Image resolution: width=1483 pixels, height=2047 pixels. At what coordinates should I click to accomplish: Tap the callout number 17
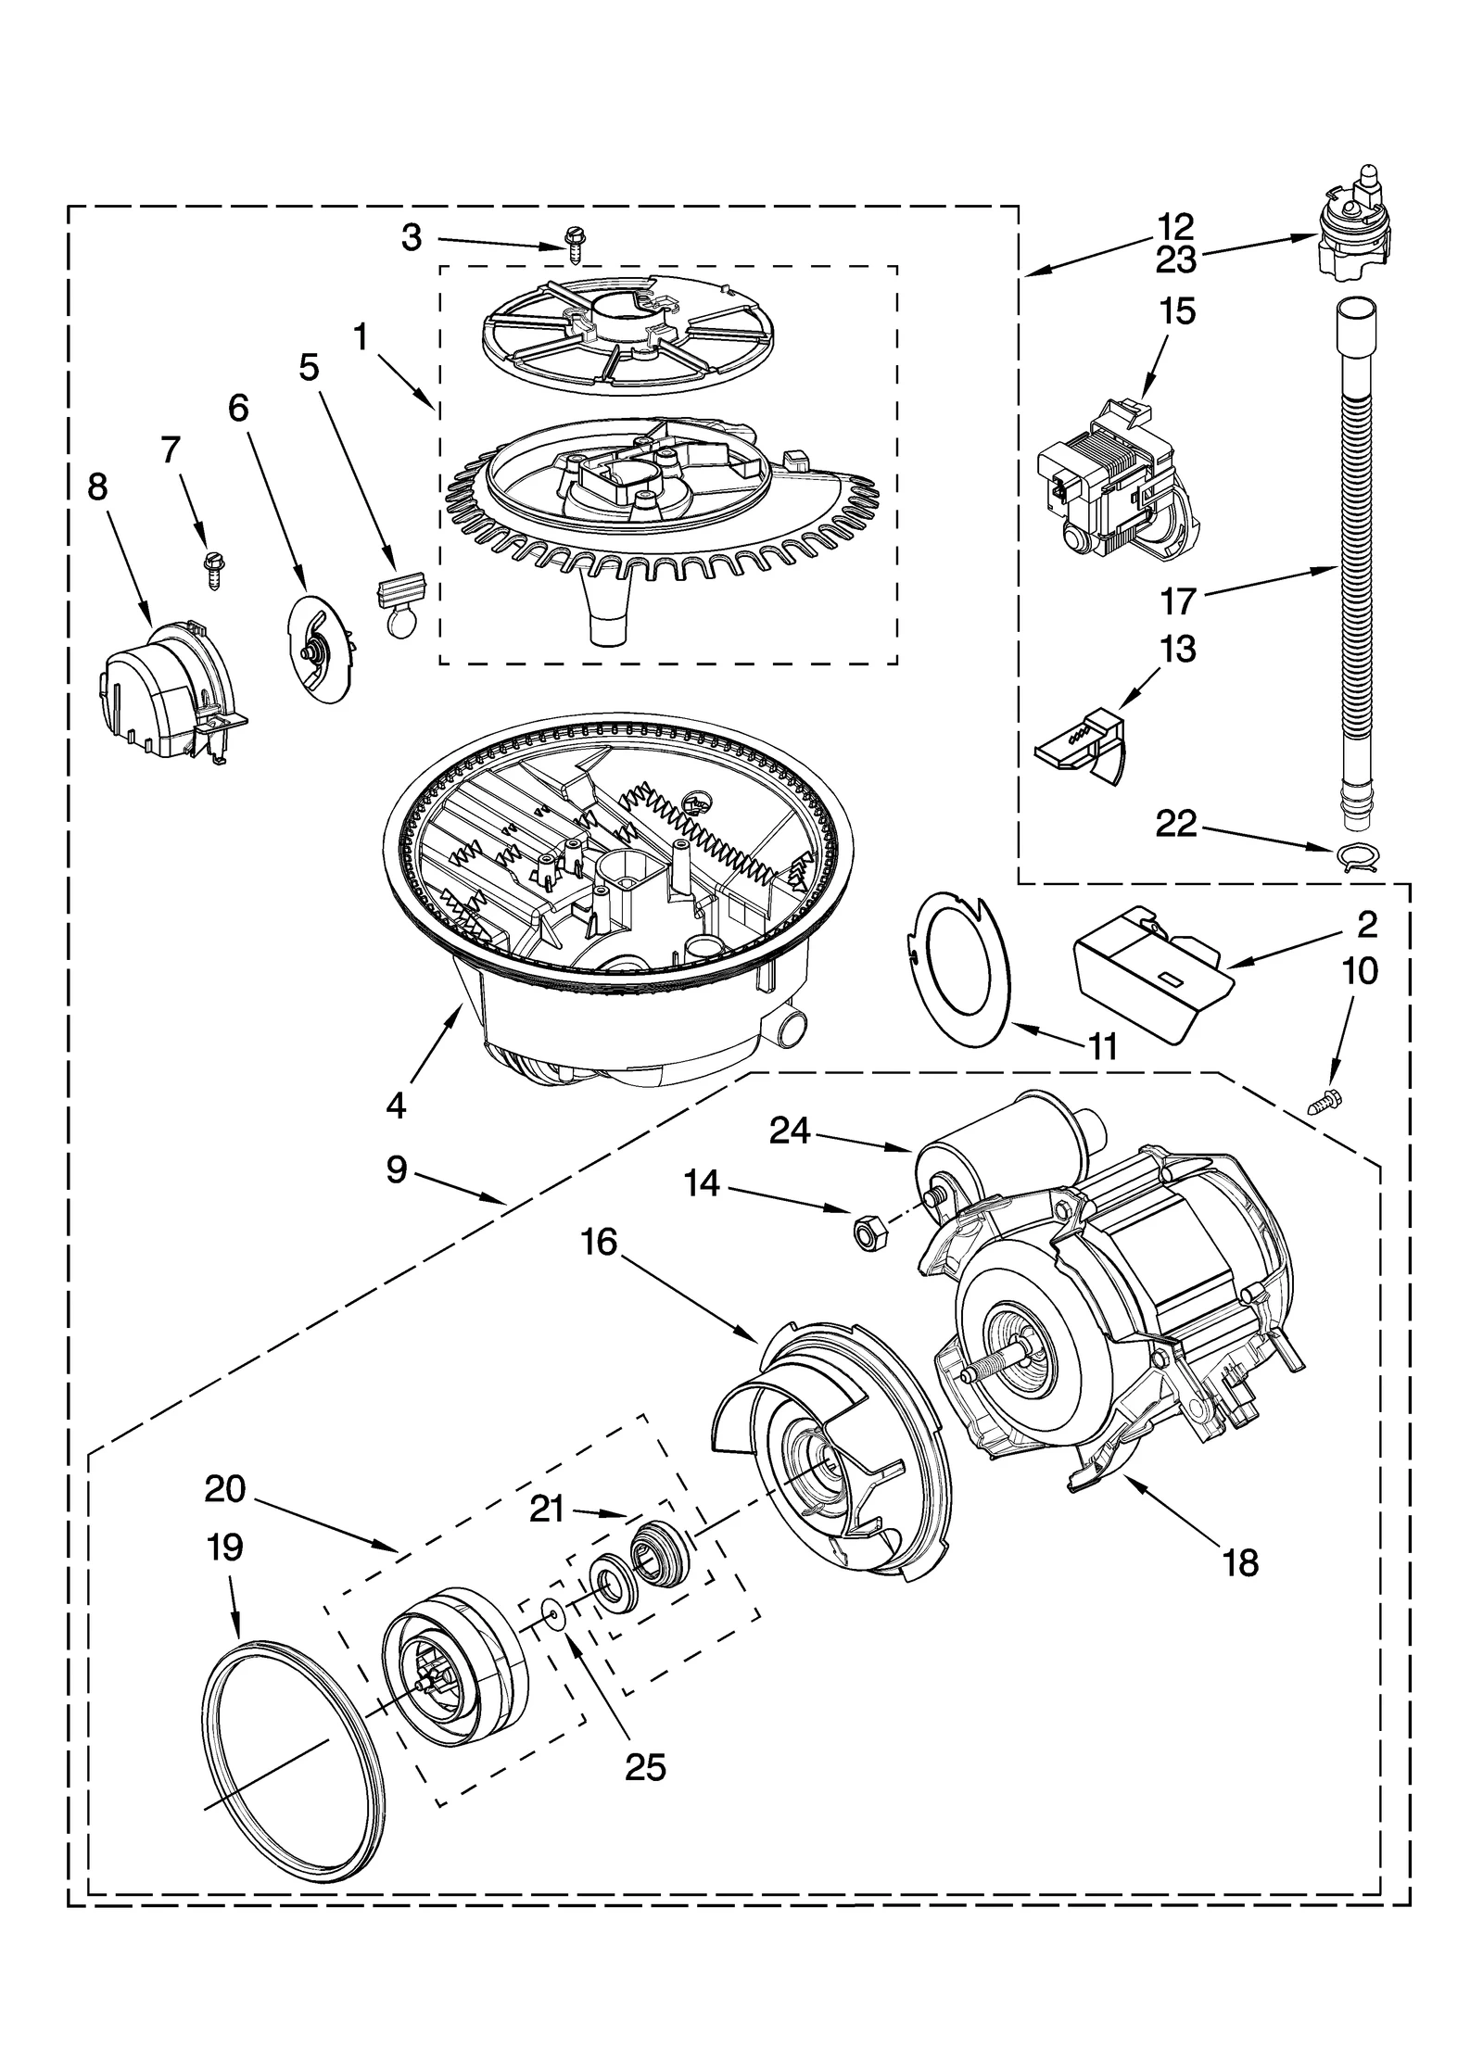[1178, 603]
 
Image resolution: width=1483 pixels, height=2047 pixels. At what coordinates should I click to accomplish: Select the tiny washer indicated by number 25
[554, 1616]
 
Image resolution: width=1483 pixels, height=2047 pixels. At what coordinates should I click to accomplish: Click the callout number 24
[789, 1131]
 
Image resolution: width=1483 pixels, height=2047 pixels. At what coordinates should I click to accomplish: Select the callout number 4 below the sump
[396, 1105]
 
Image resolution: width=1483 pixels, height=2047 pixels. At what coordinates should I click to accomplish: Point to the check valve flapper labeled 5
[400, 600]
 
